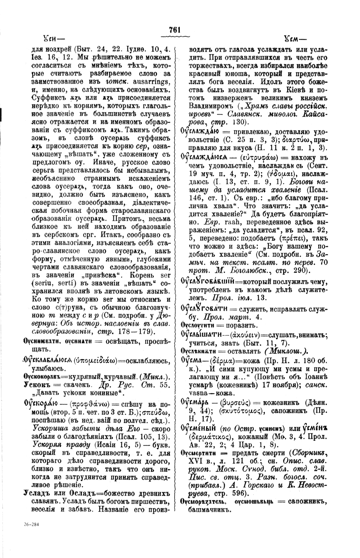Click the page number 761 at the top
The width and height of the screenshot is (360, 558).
(175, 30)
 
